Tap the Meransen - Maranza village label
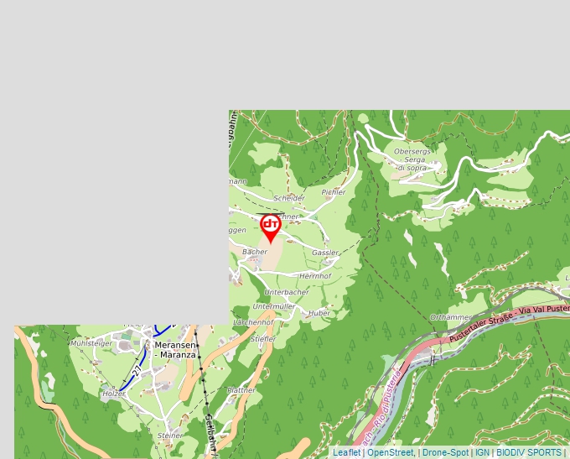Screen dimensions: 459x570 (x=175, y=350)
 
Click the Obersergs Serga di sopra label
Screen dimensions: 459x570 (x=412, y=159)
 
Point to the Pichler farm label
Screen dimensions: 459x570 (x=333, y=192)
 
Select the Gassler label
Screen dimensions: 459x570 (x=325, y=253)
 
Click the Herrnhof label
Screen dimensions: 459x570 (x=315, y=276)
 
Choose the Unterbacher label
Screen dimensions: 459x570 (x=286, y=292)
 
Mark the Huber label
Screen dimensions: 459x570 (x=319, y=313)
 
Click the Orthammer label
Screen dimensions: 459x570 (x=450, y=317)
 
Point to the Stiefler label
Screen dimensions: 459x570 (x=262, y=339)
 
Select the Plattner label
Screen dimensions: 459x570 (x=241, y=390)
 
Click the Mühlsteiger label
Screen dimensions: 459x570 (x=91, y=343)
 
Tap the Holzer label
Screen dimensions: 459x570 (x=113, y=394)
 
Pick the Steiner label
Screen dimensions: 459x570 (x=170, y=436)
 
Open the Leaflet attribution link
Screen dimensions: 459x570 (x=346, y=452)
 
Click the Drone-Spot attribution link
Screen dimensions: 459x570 (x=445, y=452)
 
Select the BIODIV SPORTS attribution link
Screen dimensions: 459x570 (x=529, y=452)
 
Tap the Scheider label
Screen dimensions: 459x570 (x=288, y=198)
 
